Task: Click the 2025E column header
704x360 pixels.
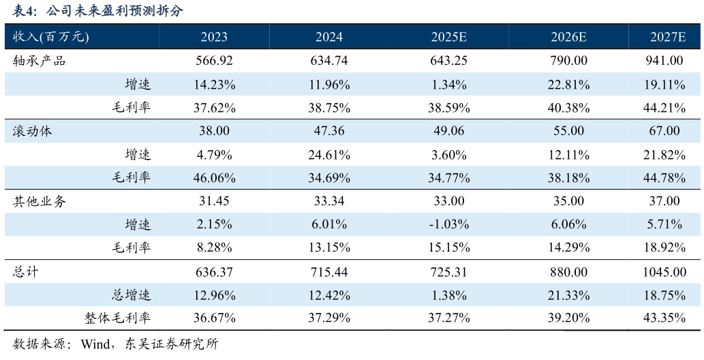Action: [449, 37]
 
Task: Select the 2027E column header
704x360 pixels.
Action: [668, 37]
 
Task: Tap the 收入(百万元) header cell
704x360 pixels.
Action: [50, 37]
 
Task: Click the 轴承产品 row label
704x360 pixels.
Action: [39, 61]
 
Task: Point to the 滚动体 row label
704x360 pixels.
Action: [32, 131]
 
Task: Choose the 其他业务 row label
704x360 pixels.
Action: [39, 201]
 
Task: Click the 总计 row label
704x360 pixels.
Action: [26, 271]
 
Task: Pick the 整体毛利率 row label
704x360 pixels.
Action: [118, 318]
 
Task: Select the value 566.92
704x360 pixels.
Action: [214, 61]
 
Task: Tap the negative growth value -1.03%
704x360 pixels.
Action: [449, 224]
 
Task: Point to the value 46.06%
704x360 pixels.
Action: [214, 178]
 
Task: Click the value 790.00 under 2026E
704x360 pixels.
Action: [568, 61]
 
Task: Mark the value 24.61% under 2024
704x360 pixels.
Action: [329, 155]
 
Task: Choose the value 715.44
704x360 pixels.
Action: [329, 272]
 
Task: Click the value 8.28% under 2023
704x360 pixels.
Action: [214, 247]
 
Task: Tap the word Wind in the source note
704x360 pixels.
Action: [95, 345]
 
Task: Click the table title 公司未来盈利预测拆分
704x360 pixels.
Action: [114, 10]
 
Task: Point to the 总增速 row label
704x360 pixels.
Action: [131, 295]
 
